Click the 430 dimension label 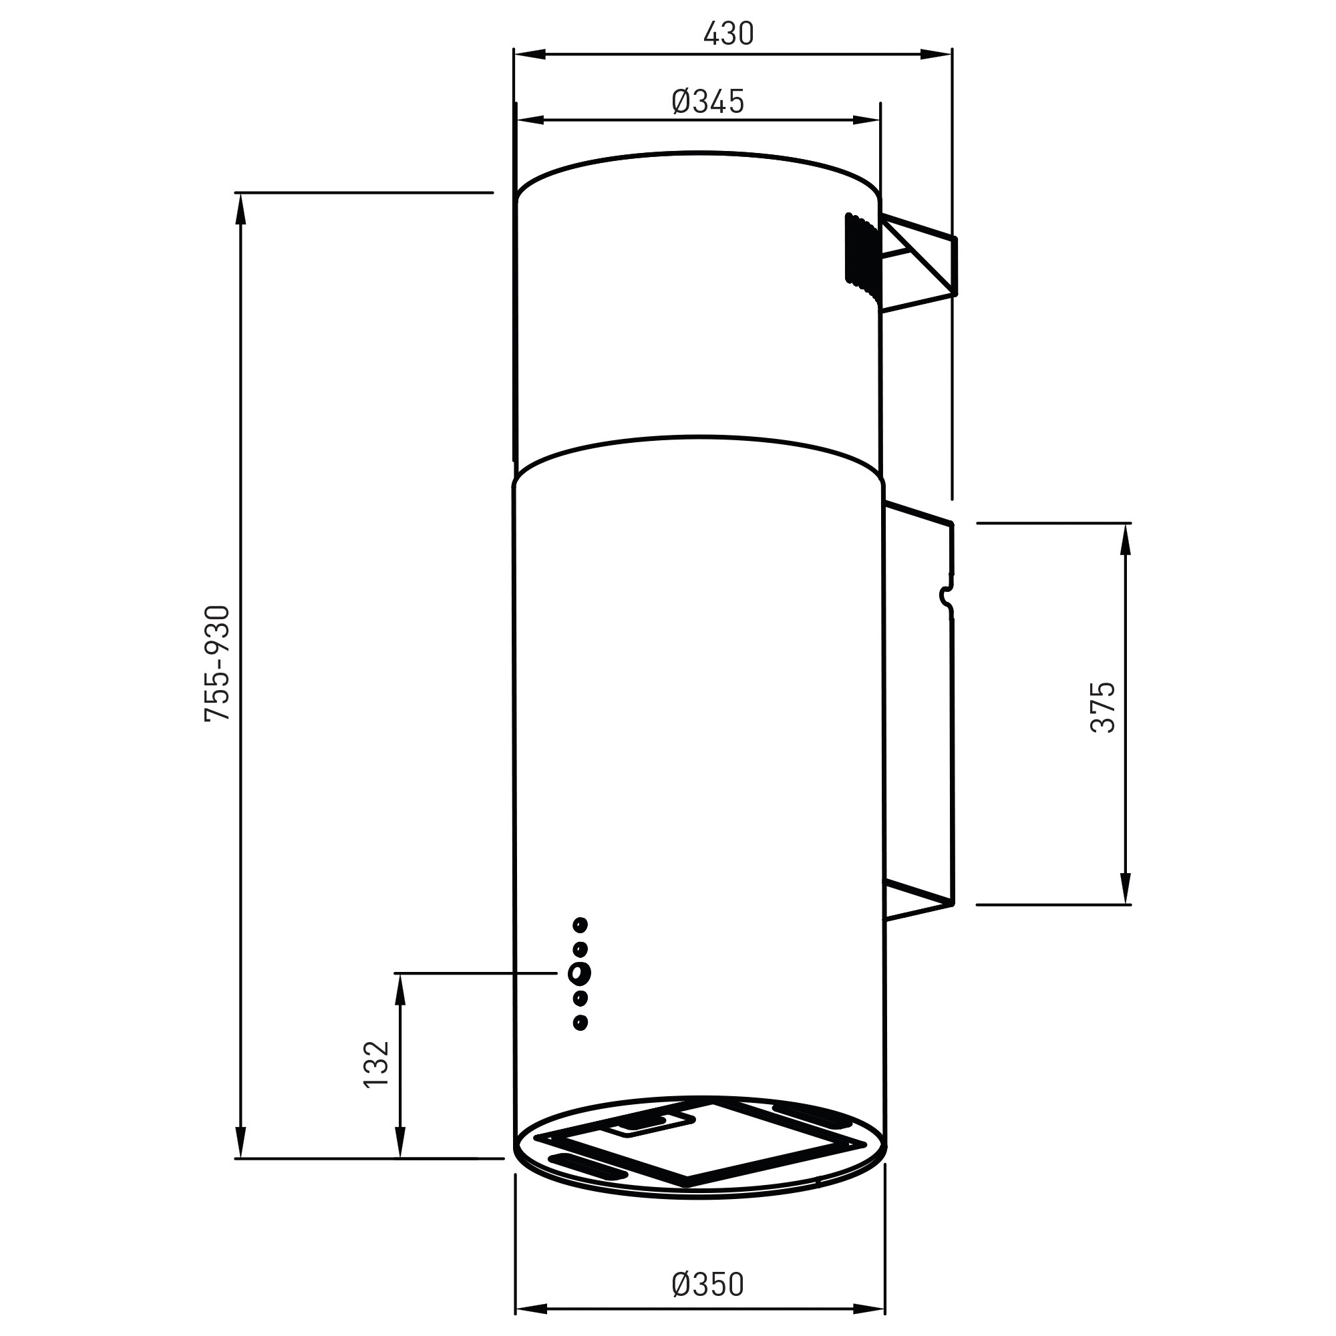[x=728, y=34]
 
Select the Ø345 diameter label [x=707, y=102]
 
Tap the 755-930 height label [x=217, y=664]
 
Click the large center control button [x=578, y=973]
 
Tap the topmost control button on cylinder [x=580, y=924]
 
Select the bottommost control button [x=580, y=1021]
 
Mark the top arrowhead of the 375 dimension [x=1126, y=540]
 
